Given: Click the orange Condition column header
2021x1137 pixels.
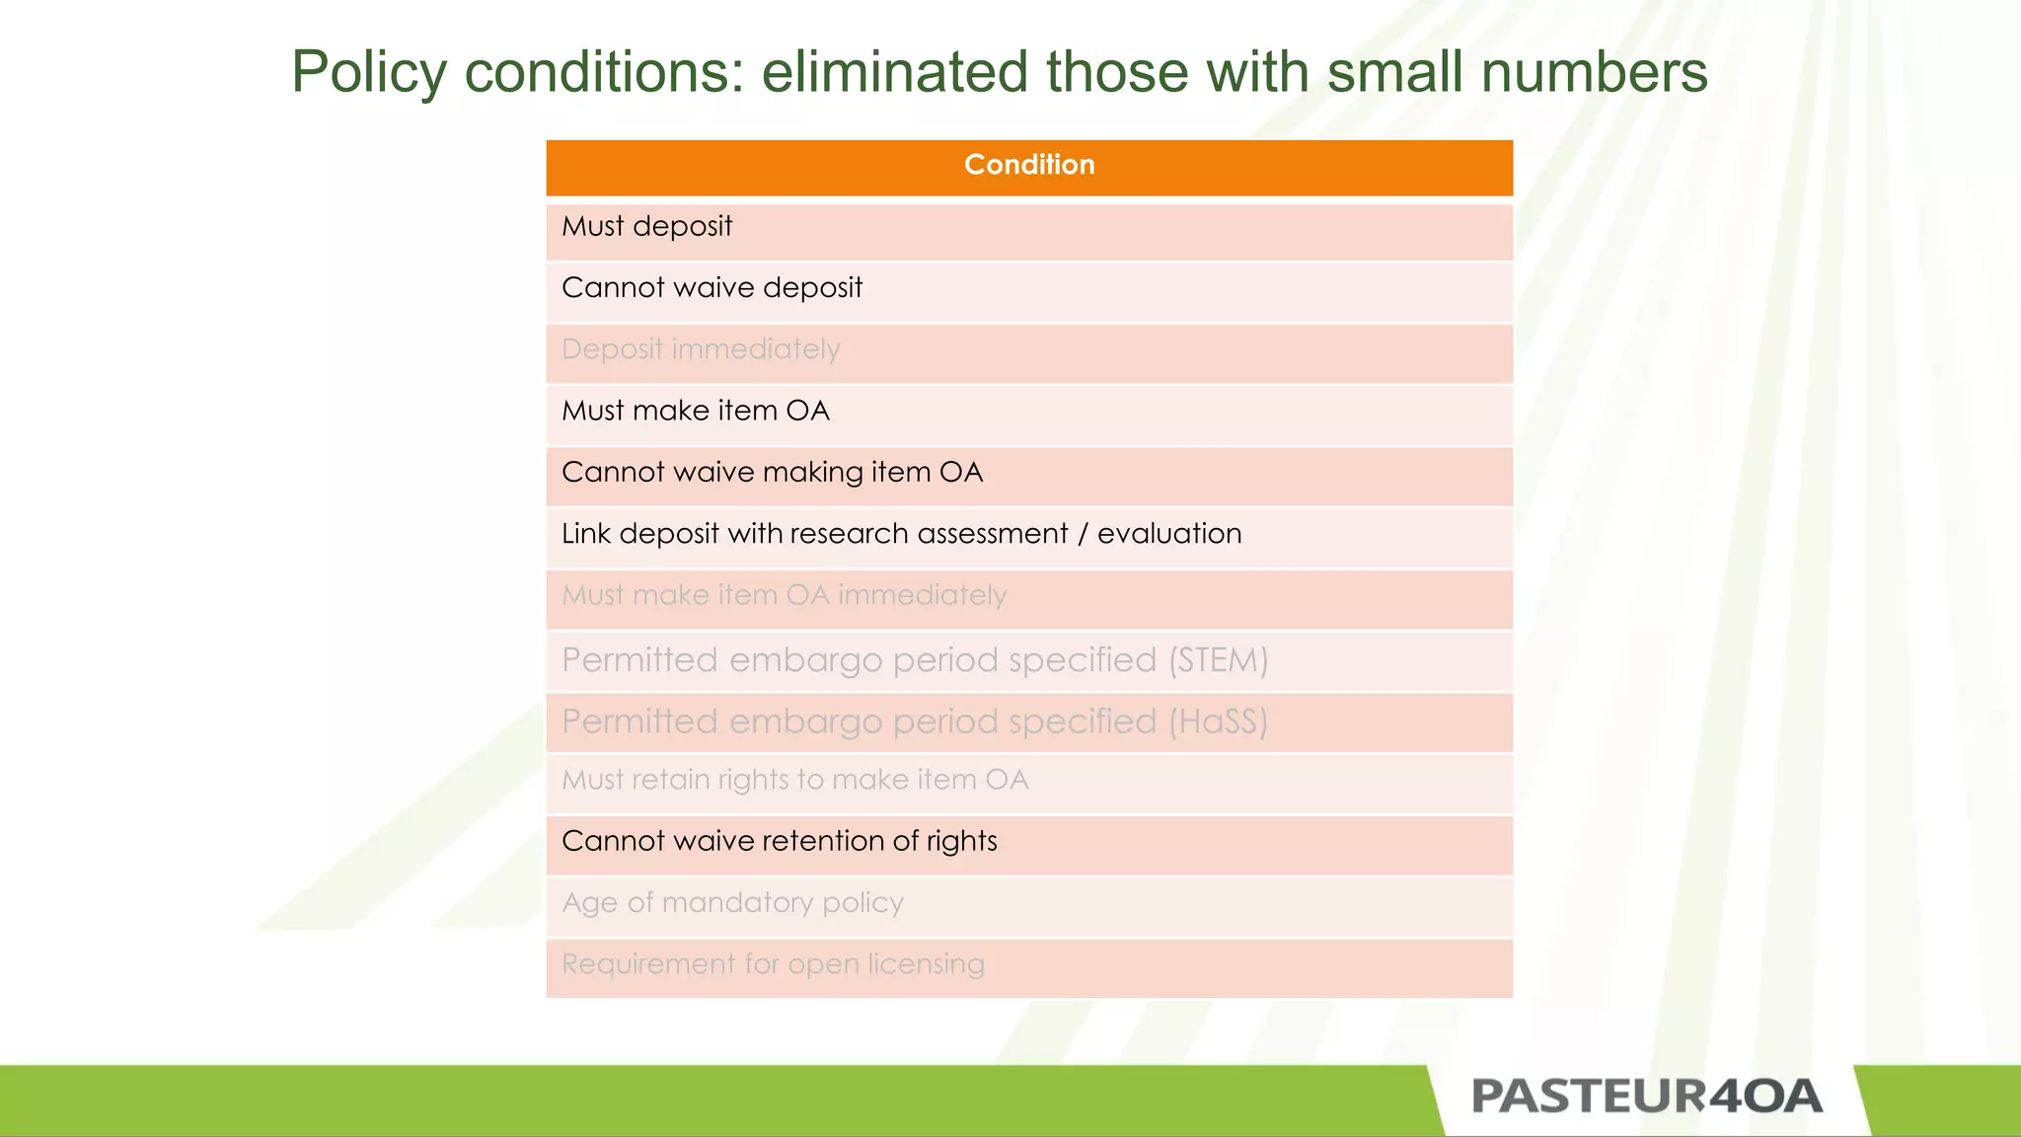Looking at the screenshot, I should (1029, 166).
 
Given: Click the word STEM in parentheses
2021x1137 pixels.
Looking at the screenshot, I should (1219, 659).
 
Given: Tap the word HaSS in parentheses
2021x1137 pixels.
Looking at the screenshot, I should (1219, 721).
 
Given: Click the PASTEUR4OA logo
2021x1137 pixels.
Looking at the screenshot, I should (1646, 1097).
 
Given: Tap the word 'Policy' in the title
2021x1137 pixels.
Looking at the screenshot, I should (369, 72).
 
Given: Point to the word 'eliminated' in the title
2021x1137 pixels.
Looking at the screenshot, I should (894, 72).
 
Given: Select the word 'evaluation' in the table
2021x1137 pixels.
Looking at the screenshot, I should (1169, 534).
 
